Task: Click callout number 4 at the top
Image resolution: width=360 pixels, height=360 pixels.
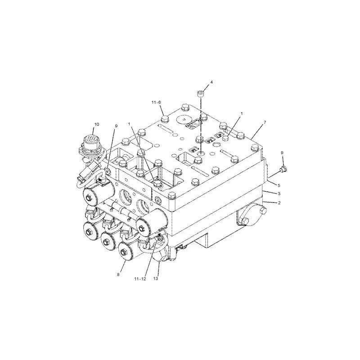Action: (x=211, y=82)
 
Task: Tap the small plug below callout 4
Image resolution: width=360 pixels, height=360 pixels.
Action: (x=201, y=94)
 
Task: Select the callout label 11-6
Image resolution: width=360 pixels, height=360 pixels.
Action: (x=157, y=103)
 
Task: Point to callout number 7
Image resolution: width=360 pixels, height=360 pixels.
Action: (x=265, y=122)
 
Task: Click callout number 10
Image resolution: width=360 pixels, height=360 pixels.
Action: (x=96, y=124)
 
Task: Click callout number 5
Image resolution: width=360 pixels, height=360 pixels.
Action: (x=279, y=185)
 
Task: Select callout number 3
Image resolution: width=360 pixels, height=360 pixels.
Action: (x=279, y=193)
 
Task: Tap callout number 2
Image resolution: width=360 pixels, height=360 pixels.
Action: (x=279, y=203)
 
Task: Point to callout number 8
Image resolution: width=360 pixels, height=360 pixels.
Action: (x=119, y=274)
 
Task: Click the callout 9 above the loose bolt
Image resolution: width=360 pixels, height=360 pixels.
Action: (x=282, y=153)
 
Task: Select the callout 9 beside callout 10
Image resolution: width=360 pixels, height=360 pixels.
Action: (x=116, y=126)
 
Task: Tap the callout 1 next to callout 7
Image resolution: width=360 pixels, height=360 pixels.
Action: (x=241, y=114)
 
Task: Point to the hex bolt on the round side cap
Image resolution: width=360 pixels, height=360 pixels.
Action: (x=245, y=220)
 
